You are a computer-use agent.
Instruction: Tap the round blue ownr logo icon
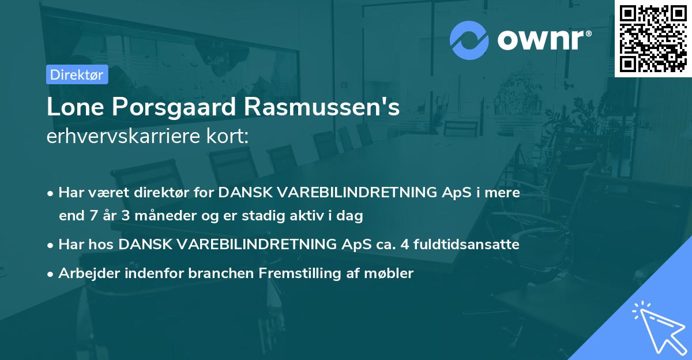469,40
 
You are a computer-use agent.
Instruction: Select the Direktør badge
77,74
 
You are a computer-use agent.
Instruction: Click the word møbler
393,273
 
